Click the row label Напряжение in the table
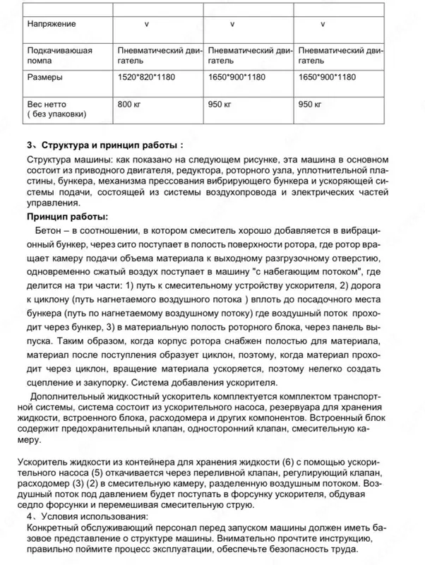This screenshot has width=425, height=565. pyautogui.click(x=52, y=25)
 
